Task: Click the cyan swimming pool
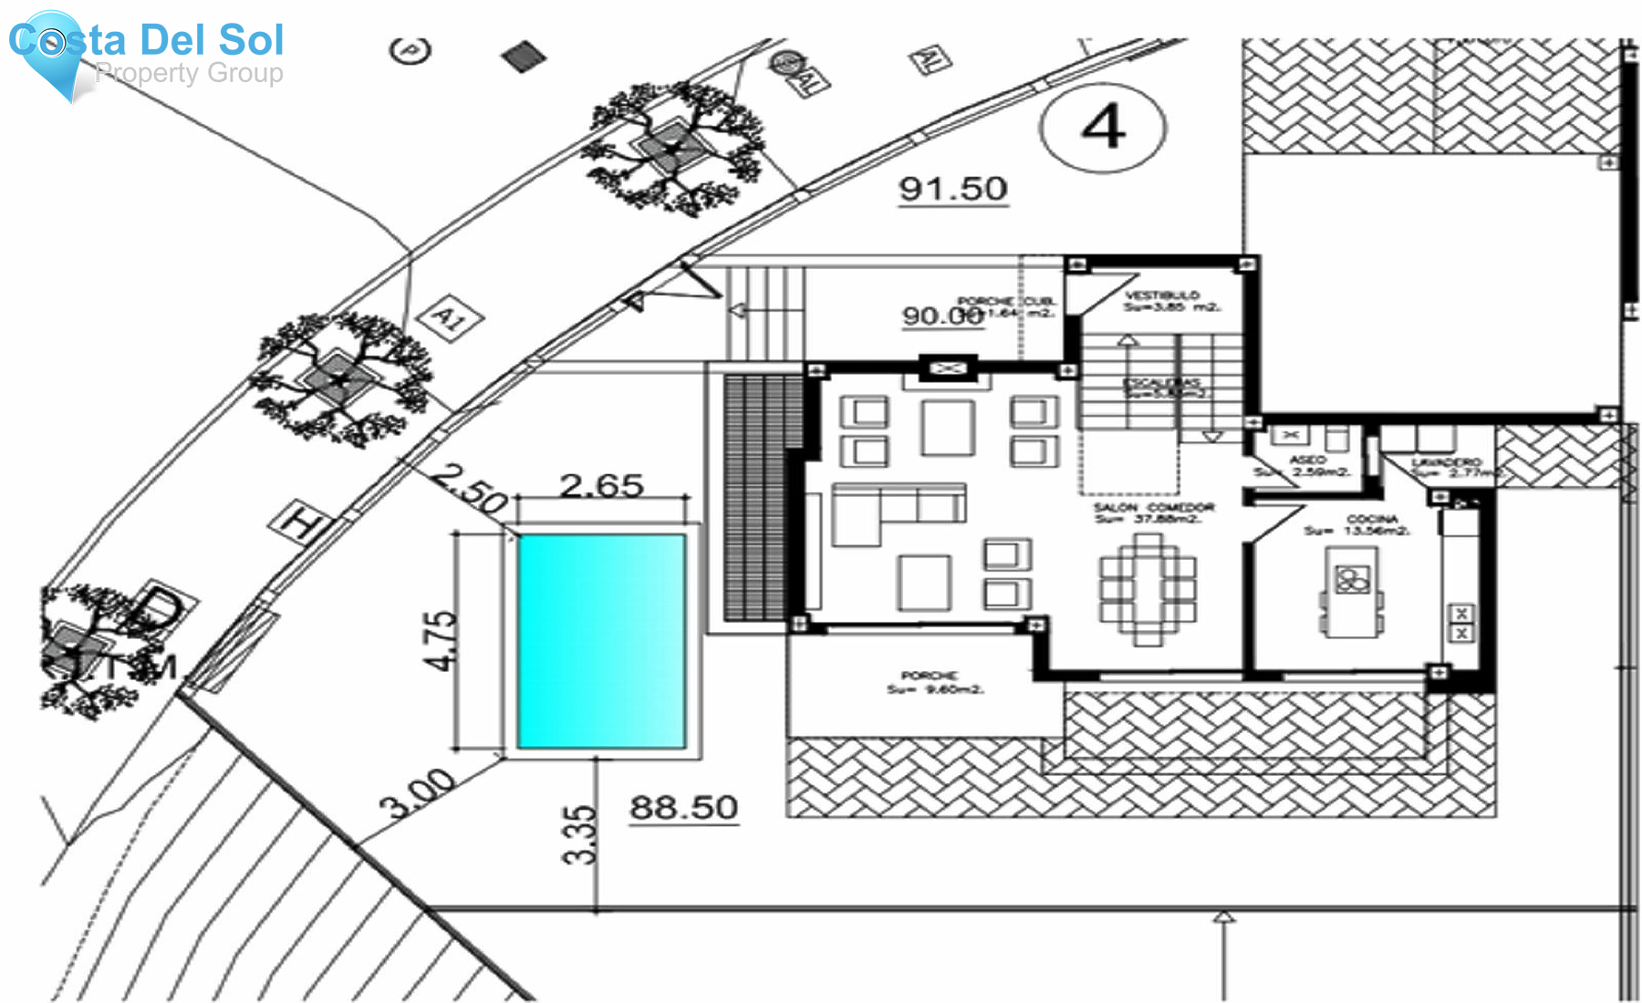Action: (x=601, y=641)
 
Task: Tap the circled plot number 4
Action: (x=1103, y=127)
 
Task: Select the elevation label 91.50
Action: (x=953, y=190)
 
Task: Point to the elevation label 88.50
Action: (x=683, y=808)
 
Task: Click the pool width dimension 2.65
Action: (x=601, y=485)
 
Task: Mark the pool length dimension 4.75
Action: (x=441, y=640)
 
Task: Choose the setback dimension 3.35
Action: (x=579, y=834)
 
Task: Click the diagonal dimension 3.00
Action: (x=418, y=793)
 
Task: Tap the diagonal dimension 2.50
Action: (x=469, y=488)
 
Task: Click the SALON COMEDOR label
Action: (x=1154, y=508)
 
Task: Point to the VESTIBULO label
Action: (x=1161, y=296)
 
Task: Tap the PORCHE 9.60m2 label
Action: (x=930, y=677)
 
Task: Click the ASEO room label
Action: (x=1307, y=460)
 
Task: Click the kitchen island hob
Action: (x=1351, y=580)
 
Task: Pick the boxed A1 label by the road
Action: (x=450, y=318)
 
